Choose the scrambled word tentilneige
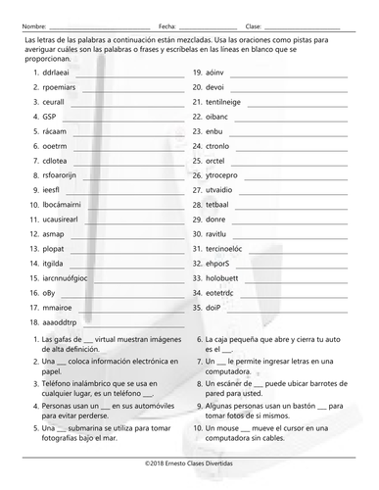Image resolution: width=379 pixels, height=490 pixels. pos(229,101)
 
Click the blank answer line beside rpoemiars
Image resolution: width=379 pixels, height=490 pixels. pos(126,89)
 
